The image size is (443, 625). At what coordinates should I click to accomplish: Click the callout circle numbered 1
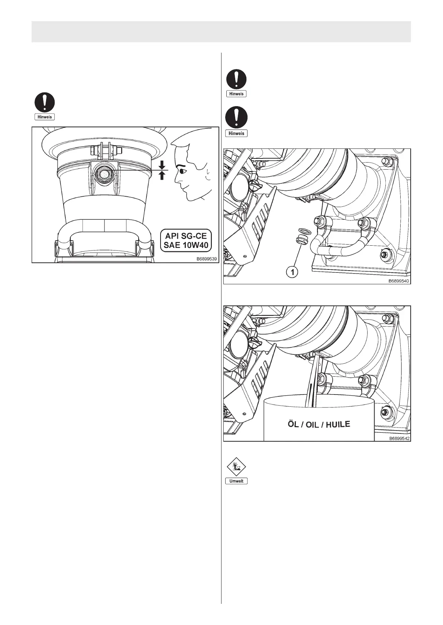292,272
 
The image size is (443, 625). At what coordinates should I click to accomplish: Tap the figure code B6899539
207,259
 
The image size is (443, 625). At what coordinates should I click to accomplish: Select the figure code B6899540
399,281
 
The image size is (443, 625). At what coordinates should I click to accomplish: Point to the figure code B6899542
399,438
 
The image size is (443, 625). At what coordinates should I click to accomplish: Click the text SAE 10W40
185,245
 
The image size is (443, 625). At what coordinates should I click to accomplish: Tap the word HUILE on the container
338,424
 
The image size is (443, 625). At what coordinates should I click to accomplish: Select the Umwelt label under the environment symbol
236,481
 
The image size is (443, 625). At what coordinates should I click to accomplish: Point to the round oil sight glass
104,173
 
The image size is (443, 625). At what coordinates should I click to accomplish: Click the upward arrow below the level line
162,176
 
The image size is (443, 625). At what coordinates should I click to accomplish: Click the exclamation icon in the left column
45,102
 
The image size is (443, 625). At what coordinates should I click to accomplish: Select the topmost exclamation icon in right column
236,79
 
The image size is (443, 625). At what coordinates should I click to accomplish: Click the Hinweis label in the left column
45,117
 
